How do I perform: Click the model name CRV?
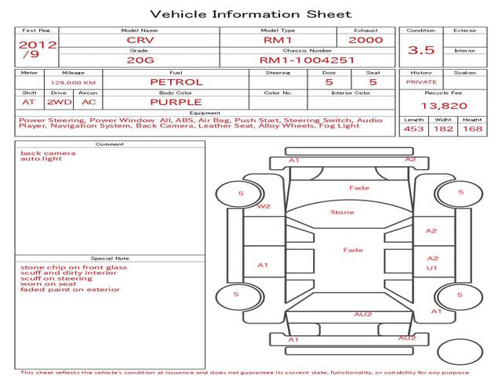(x=140, y=40)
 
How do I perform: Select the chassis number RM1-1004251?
(x=307, y=60)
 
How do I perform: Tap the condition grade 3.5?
(x=421, y=50)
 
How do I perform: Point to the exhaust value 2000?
(x=366, y=40)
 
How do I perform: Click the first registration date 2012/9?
(x=38, y=49)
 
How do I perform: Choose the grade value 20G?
(x=140, y=60)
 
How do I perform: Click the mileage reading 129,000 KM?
(x=73, y=83)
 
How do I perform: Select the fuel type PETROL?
(x=176, y=82)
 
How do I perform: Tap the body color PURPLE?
(x=176, y=103)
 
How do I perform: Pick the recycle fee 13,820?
(x=444, y=106)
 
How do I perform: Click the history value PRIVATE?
(x=421, y=82)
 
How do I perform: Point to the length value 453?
(x=413, y=128)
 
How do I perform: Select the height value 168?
(x=472, y=128)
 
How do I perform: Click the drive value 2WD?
(x=60, y=103)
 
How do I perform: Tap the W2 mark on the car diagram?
(x=264, y=207)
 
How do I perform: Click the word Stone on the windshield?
(x=342, y=212)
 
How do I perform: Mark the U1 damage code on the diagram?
(x=431, y=268)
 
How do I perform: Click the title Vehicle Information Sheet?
(x=251, y=14)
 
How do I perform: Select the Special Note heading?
(x=110, y=258)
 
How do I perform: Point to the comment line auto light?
(x=41, y=159)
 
